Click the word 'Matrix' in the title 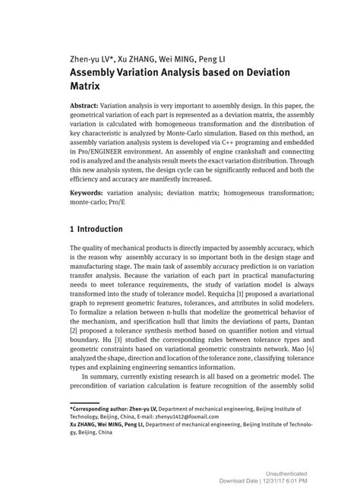(x=87, y=88)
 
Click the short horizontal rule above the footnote (x=84, y=422)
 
